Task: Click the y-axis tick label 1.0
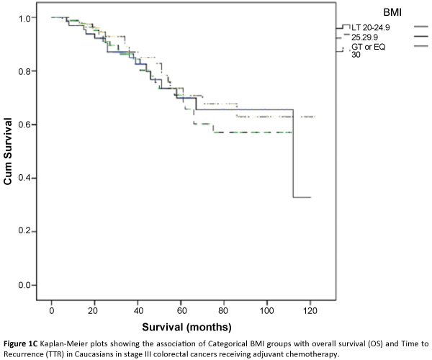coord(29,18)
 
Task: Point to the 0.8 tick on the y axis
coord(29,71)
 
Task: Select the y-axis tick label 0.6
coord(29,125)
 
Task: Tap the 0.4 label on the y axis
coord(29,178)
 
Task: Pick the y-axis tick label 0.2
coord(29,231)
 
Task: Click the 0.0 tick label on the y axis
coord(29,285)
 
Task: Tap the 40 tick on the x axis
coord(138,310)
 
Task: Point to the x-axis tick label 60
coord(181,310)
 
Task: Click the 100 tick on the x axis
coord(267,310)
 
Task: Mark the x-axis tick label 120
coord(310,310)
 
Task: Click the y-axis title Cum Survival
coord(9,152)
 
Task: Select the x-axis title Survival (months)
coord(181,325)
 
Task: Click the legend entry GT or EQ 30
coord(367,50)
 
